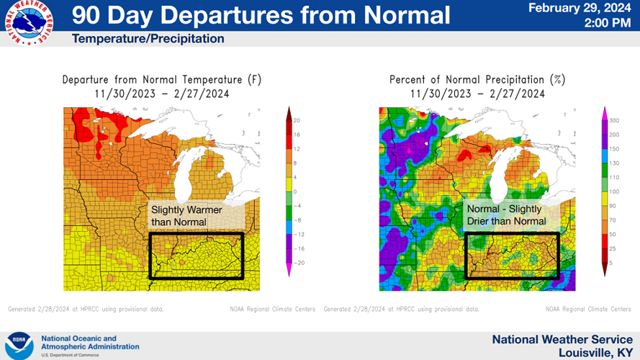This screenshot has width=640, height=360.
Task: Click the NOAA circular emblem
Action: coord(19,345)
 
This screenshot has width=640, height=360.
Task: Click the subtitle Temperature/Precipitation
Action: coord(148,39)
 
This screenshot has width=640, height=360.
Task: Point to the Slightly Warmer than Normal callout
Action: coord(186,215)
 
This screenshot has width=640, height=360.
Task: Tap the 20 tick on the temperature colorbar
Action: coord(296,120)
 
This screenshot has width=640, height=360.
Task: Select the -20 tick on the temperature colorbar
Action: coord(297,263)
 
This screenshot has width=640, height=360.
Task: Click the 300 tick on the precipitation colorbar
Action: coord(613,120)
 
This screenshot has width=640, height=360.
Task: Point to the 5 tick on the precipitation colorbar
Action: coord(610,263)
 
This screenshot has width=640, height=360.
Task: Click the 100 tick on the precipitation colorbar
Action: coord(613,192)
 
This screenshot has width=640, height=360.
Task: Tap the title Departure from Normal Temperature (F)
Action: coord(161,79)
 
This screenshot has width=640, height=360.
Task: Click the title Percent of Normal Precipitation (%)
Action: coord(477,79)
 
